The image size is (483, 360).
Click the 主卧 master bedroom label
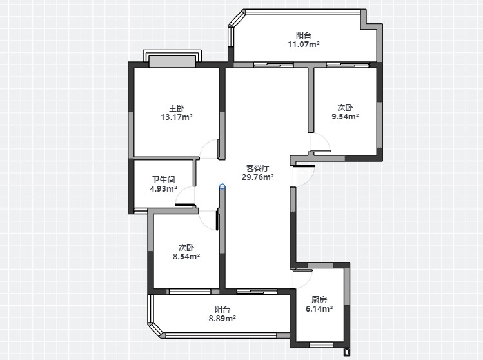(x=177, y=108)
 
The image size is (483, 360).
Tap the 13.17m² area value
(x=177, y=117)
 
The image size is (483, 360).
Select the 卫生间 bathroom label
(x=164, y=180)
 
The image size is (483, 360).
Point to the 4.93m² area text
(x=163, y=188)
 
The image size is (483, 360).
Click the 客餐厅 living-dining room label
(x=257, y=168)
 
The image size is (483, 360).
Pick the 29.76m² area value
(x=258, y=177)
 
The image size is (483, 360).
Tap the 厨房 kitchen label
(x=319, y=299)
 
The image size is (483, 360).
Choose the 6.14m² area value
(x=319, y=308)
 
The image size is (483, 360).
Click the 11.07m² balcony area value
(x=304, y=44)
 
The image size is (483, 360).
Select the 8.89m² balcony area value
(x=222, y=319)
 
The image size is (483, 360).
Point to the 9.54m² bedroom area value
(x=345, y=117)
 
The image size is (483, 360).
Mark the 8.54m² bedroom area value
(x=186, y=256)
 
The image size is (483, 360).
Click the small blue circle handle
(x=222, y=186)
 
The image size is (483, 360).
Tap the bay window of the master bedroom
(x=172, y=59)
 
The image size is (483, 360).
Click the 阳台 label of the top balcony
(x=304, y=35)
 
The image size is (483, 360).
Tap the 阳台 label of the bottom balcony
(x=222, y=310)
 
